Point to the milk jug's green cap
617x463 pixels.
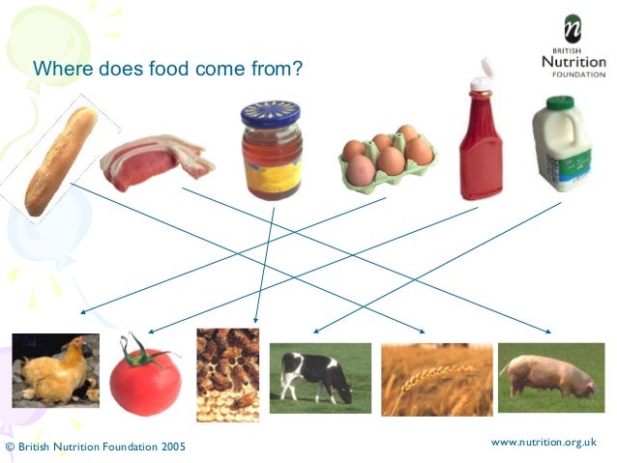click(x=559, y=101)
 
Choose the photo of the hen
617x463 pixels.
click(x=54, y=370)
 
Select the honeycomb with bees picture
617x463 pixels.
click(x=227, y=374)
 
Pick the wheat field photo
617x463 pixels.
click(x=423, y=378)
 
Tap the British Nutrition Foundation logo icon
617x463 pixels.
click(x=573, y=28)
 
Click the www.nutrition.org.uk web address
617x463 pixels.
click(x=544, y=442)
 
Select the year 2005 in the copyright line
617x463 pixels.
click(x=168, y=448)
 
